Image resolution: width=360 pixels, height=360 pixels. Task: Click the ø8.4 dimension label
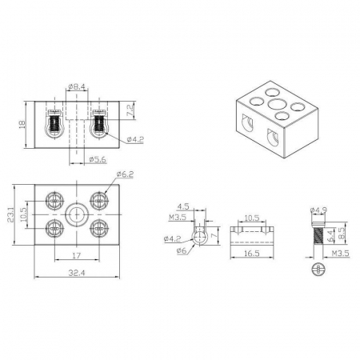tap(77, 86)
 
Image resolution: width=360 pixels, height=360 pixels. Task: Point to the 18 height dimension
tap(22, 124)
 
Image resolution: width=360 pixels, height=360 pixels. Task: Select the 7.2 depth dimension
tap(130, 110)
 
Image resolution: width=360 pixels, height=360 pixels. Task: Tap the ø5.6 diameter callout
tap(98, 160)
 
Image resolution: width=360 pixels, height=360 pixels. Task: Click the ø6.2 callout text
tap(125, 174)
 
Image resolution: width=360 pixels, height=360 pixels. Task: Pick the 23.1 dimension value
tap(10, 214)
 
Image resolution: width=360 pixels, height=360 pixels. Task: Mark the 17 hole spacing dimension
tap(76, 255)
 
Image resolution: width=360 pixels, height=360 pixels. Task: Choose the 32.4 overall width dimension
tap(77, 273)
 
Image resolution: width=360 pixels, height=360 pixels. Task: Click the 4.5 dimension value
tap(183, 206)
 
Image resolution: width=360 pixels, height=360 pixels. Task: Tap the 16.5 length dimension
tap(252, 253)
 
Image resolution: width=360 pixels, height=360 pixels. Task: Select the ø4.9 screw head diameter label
tap(318, 210)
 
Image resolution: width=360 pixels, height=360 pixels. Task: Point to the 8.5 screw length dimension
tap(342, 233)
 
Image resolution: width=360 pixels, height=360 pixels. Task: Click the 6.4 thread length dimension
tap(330, 236)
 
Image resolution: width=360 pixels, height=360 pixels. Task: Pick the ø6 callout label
tap(182, 250)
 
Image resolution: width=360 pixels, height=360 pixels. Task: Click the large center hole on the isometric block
tap(276, 104)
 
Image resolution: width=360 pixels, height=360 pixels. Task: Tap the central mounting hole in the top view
tap(77, 214)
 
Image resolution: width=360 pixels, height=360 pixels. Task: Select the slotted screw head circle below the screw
tap(318, 270)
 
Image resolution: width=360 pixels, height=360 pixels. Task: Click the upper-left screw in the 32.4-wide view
tap(54, 201)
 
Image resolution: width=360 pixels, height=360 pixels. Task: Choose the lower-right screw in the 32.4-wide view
tap(99, 229)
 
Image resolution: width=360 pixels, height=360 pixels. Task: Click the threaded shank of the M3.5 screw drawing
tap(318, 235)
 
